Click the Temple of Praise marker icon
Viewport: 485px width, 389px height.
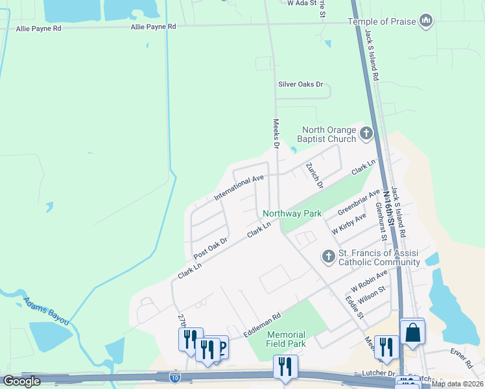pos(426,21)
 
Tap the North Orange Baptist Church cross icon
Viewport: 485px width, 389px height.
pos(366,134)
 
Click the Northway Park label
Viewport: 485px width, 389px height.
pos(292,213)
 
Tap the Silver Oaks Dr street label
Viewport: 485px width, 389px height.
pos(300,84)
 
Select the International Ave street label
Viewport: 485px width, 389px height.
pos(239,187)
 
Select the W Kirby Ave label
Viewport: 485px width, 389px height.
pos(349,224)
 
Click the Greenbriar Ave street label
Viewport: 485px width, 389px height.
pos(359,204)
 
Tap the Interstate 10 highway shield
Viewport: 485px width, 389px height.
pos(175,376)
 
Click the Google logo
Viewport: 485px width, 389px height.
pos(21,381)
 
